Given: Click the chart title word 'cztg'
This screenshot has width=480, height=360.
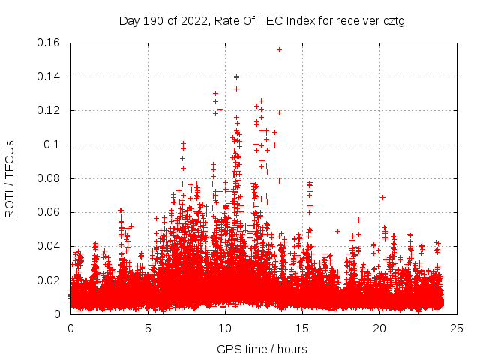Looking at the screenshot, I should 392,20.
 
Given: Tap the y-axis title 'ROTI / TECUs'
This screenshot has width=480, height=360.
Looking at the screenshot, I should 10,178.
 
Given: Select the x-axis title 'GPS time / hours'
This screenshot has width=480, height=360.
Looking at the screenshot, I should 262,349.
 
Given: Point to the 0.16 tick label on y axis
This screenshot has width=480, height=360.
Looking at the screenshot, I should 50,43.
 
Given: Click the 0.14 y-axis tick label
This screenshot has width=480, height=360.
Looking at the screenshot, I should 50,76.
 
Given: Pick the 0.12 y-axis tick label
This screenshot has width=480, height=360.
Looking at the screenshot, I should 50,110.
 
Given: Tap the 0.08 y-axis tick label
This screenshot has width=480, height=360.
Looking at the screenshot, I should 50,178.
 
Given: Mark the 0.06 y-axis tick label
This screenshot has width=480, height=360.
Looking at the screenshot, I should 50,212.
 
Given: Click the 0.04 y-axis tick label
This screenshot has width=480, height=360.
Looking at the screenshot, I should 50,246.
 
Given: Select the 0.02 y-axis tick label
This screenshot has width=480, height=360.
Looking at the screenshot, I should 50,280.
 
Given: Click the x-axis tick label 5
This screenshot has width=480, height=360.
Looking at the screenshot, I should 148,328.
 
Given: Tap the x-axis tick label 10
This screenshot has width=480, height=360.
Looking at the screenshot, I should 225,328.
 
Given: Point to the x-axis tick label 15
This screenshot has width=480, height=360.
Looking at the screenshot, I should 302,328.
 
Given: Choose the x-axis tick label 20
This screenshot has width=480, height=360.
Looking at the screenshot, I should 379,328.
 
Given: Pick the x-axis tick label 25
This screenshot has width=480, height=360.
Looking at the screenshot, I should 457,328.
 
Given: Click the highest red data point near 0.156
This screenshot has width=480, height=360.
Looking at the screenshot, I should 279,49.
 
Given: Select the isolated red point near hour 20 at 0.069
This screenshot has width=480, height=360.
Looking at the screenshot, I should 382,197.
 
